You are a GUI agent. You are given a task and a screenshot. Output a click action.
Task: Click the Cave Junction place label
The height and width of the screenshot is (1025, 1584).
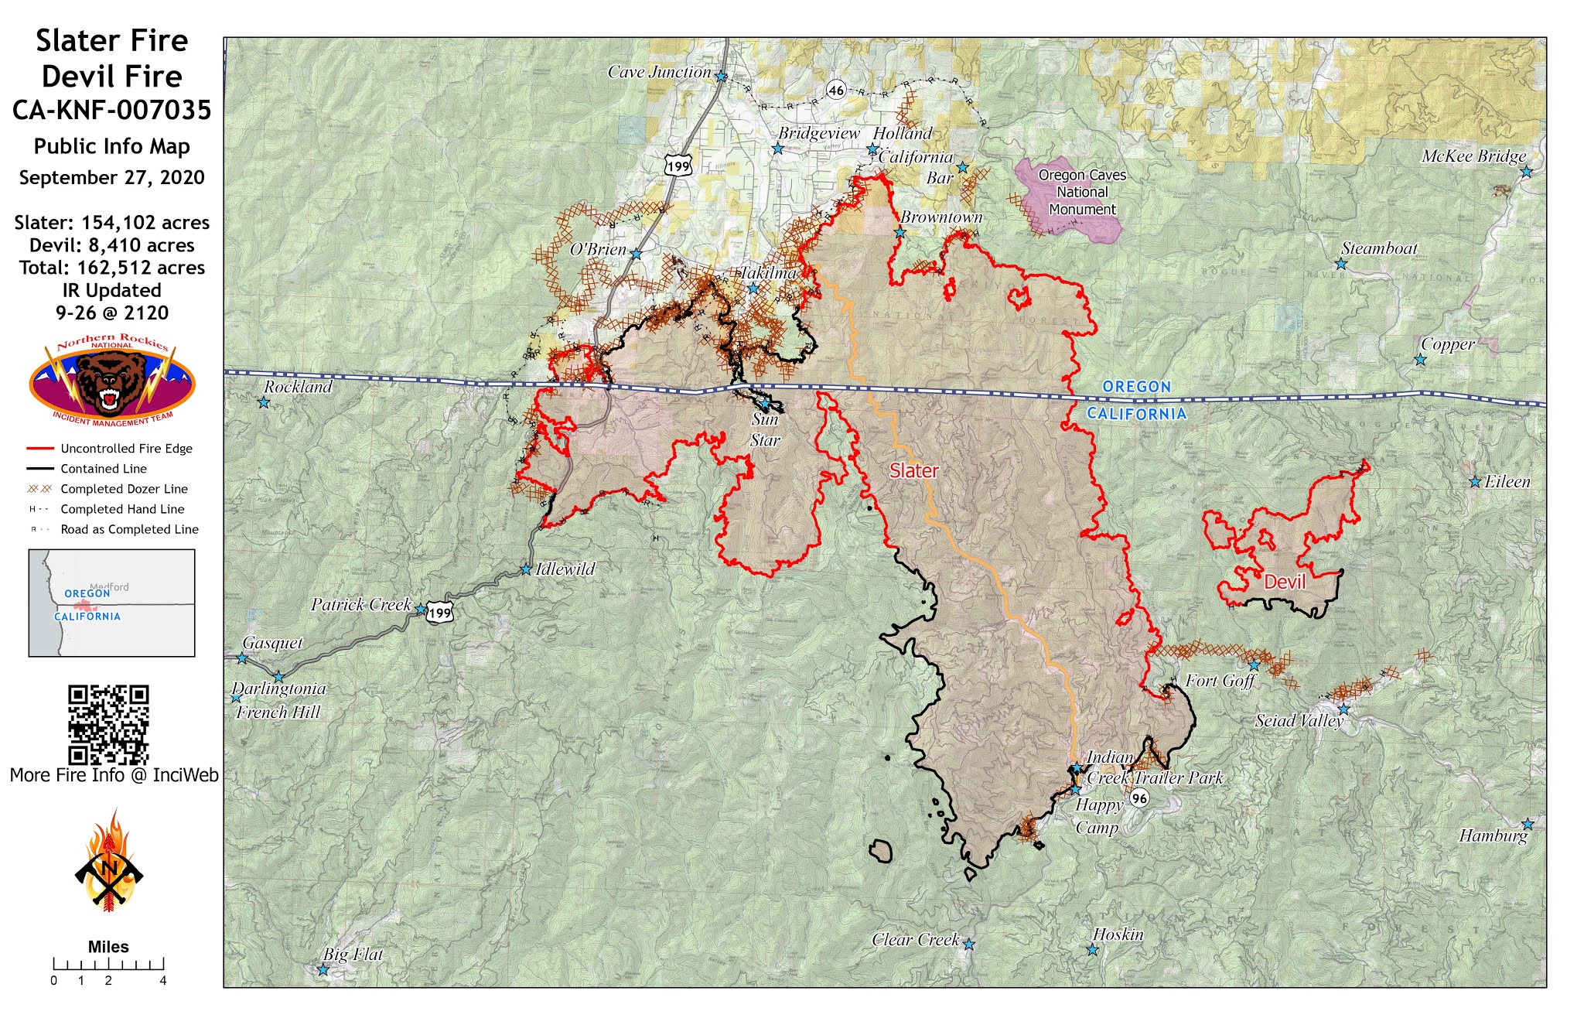pos(659,72)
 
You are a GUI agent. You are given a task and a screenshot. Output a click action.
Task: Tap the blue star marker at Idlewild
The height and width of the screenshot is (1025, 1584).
pos(526,569)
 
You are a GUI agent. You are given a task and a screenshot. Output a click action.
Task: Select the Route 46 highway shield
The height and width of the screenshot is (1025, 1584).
pos(836,90)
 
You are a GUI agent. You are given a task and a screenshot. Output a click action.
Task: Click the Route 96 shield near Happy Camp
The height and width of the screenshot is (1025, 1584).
pos(1138,798)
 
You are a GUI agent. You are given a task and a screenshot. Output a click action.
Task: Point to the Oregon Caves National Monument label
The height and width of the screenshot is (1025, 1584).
pos(1081,192)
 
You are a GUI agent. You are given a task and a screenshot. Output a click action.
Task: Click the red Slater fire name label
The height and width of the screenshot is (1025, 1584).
pos(913,470)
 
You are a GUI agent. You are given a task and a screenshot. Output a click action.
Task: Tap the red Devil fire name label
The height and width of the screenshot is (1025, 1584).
pos(1284,582)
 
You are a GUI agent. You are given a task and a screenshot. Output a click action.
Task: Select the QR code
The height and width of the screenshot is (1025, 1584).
pos(108,724)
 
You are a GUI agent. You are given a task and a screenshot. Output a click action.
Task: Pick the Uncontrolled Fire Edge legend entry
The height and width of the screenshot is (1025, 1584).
pos(110,449)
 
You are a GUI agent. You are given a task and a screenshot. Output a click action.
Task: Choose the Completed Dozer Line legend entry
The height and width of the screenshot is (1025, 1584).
pos(110,489)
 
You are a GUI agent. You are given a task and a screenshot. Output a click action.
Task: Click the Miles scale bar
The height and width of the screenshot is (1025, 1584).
pos(108,964)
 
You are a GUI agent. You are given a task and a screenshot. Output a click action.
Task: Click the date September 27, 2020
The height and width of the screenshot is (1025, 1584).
pos(112,178)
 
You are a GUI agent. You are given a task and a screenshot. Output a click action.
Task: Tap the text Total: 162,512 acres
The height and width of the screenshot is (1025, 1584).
pos(112,268)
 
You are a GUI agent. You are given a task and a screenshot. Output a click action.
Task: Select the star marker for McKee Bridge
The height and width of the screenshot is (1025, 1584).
pos(1526,172)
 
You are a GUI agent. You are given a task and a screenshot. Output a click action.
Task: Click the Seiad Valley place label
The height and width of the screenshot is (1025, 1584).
pos(1299,721)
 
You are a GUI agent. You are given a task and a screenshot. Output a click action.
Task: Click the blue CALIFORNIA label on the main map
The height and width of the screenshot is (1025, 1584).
pos(1136,414)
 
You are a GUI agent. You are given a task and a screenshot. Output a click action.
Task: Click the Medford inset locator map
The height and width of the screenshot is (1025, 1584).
pos(111,603)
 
